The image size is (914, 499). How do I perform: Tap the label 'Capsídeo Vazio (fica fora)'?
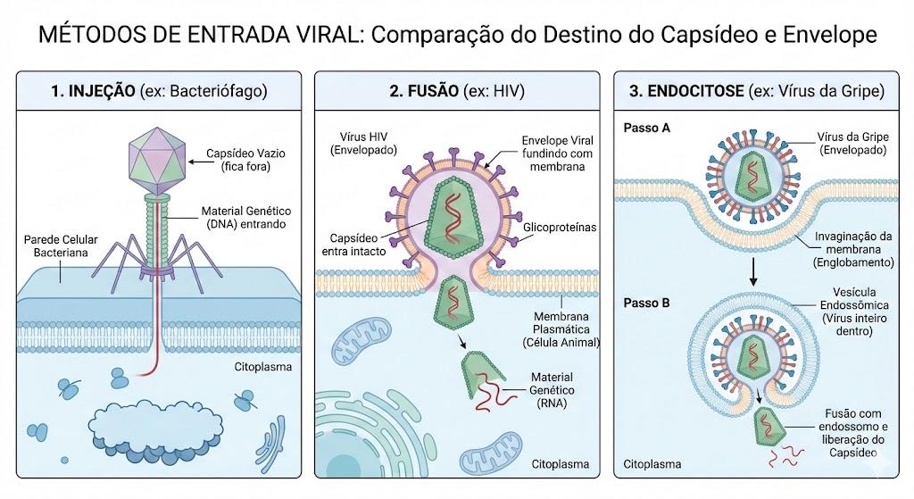245,160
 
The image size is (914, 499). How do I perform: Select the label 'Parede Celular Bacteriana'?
61,246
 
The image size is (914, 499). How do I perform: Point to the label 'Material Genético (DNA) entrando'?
246,218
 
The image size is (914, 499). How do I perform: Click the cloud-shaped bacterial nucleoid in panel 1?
155,428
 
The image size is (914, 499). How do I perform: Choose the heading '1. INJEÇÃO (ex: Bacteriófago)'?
159,91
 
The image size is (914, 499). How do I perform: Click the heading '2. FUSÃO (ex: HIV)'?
457,91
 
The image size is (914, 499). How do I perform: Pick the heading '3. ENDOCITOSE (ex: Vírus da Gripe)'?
757,91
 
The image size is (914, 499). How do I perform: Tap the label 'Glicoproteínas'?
560,228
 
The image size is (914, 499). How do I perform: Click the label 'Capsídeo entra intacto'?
353,245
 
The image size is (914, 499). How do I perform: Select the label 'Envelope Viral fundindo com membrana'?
557,154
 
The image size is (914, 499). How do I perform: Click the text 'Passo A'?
647,129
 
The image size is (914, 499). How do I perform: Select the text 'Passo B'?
647,304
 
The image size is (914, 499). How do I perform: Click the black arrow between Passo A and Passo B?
753,271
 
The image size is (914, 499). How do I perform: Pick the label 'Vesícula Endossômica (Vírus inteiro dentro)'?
854,312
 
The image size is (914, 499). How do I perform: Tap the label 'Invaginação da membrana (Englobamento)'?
853,250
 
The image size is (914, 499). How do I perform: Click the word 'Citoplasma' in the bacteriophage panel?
263,367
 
